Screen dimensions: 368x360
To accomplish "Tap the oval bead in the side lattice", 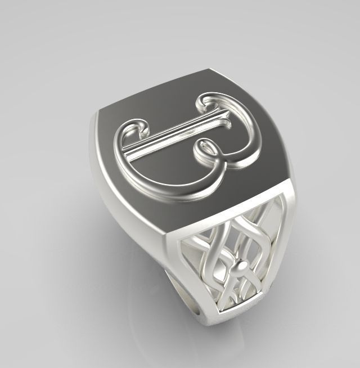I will (x=242, y=264).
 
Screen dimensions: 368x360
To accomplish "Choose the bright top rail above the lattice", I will (x=225, y=217).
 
